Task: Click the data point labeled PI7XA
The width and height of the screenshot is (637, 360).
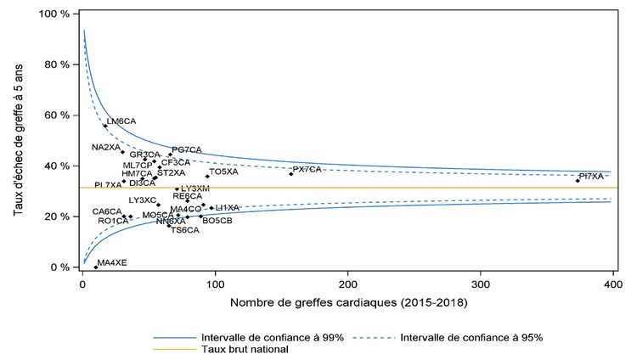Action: coord(578,181)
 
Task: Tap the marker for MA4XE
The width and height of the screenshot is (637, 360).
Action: coord(96,267)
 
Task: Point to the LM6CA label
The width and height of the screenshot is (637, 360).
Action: coord(121,121)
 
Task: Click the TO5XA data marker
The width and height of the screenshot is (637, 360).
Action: coord(207,177)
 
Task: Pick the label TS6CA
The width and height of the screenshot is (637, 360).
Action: coord(185,230)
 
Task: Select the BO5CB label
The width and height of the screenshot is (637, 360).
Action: coord(217,220)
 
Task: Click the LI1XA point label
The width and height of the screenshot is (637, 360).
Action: coord(228,207)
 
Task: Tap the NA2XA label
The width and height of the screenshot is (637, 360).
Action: coord(106,147)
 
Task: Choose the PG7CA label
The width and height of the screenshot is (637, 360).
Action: coord(187,149)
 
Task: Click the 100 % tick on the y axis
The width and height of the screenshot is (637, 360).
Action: coord(54,14)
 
